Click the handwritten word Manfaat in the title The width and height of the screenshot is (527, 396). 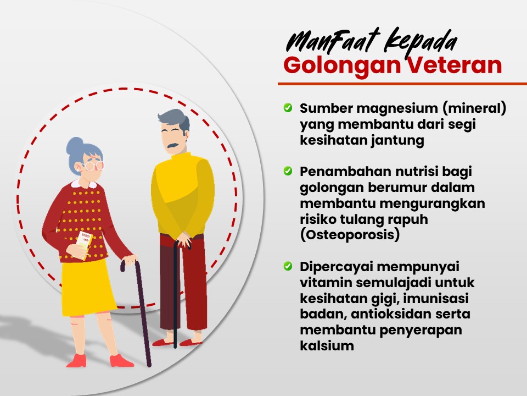(333, 41)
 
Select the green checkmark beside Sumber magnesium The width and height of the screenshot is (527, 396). (288, 107)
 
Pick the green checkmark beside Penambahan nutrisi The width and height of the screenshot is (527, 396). (288, 170)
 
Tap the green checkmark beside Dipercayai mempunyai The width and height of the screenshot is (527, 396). (288, 266)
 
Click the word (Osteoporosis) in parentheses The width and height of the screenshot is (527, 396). (350, 235)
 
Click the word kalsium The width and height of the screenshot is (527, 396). (327, 345)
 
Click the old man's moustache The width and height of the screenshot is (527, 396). (173, 146)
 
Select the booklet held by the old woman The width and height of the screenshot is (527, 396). (83, 245)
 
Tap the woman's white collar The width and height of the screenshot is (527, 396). (84, 184)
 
